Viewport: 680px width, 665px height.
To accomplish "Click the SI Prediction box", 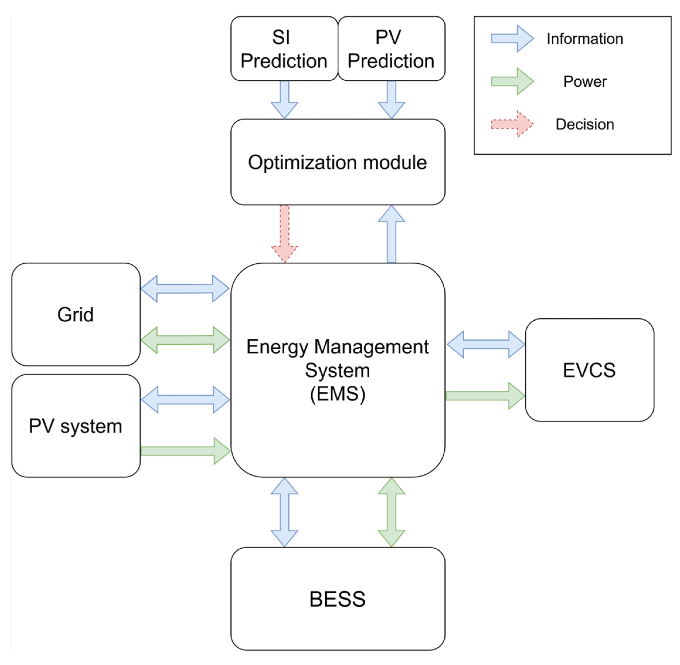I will point(284,49).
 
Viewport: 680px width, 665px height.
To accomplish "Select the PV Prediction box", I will point(391,49).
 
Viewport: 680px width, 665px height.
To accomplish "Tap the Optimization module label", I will point(337,163).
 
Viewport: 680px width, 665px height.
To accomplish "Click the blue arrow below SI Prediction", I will point(285,100).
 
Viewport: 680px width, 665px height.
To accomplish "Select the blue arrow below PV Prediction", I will point(392,100).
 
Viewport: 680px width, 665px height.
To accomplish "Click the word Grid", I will point(76,315).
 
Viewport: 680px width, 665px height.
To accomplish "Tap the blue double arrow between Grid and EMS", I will point(185,288).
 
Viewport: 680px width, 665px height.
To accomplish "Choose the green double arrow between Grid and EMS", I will point(185,340).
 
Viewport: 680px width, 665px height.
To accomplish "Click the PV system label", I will point(76,426).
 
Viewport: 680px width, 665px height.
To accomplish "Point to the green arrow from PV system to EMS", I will point(185,451).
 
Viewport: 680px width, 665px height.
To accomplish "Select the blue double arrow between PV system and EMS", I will point(185,400).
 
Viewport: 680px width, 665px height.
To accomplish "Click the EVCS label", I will point(589,370).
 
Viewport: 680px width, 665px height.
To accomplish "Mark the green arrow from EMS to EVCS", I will point(485,396).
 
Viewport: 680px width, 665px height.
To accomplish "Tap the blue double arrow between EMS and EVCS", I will point(486,344).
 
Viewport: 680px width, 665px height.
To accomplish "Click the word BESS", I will point(337,599).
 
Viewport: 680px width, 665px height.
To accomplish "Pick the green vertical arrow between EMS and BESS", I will point(392,512).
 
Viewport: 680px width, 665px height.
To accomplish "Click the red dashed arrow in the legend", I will point(512,124).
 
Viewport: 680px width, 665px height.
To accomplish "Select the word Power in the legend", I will point(585,81).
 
